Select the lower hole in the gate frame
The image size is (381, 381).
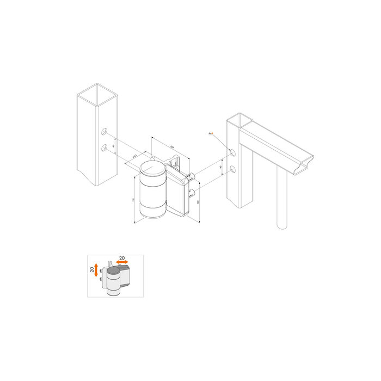[233, 170]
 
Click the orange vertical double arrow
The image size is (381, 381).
[96, 269]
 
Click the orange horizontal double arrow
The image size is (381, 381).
[121, 262]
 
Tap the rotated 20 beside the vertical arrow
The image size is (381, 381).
[91, 269]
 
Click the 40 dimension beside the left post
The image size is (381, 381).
[113, 145]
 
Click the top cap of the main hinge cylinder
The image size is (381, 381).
[152, 168]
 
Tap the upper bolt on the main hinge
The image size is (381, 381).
[192, 176]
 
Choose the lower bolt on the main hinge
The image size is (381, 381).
[191, 192]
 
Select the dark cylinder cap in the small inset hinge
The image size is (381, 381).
[113, 269]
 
